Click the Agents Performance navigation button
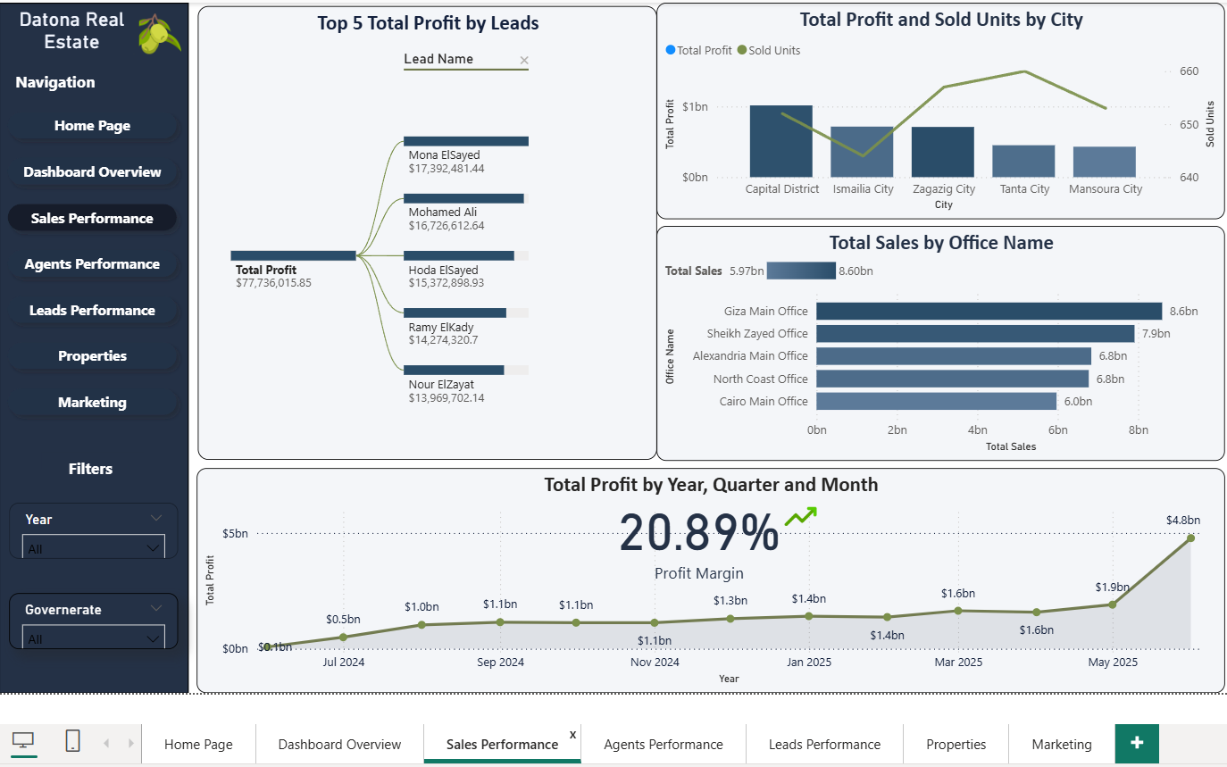92,264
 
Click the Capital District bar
781,141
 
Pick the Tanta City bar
1023,161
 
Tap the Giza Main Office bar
989,311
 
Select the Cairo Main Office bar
936,402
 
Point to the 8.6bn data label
1183,312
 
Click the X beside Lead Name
524,61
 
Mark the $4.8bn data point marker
1190,538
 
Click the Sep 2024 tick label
500,663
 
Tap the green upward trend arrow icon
800,516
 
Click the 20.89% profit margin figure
698,534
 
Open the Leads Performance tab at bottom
824,744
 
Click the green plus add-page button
1137,742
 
